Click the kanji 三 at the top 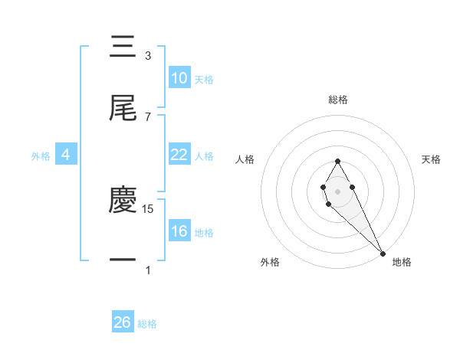pyautogui.click(x=123, y=47)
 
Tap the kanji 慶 pyautogui.click(x=123, y=201)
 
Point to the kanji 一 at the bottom pyautogui.click(x=123, y=260)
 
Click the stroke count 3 pyautogui.click(x=147, y=56)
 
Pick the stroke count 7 pyautogui.click(x=147, y=116)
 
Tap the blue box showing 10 pyautogui.click(x=179, y=78)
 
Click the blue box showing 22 pyautogui.click(x=179, y=155)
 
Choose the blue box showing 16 pyautogui.click(x=179, y=231)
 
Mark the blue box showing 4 pyautogui.click(x=65, y=155)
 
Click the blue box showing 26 pyautogui.click(x=122, y=322)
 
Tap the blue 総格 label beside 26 pyautogui.click(x=147, y=324)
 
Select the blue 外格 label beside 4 pyautogui.click(x=41, y=156)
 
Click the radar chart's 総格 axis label pyautogui.click(x=338, y=100)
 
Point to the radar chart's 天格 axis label pyautogui.click(x=432, y=159)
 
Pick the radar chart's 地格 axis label pyautogui.click(x=402, y=263)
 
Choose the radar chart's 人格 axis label pyautogui.click(x=245, y=159)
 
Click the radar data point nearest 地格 pyautogui.click(x=383, y=253)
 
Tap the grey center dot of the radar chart pyautogui.click(x=337, y=190)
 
